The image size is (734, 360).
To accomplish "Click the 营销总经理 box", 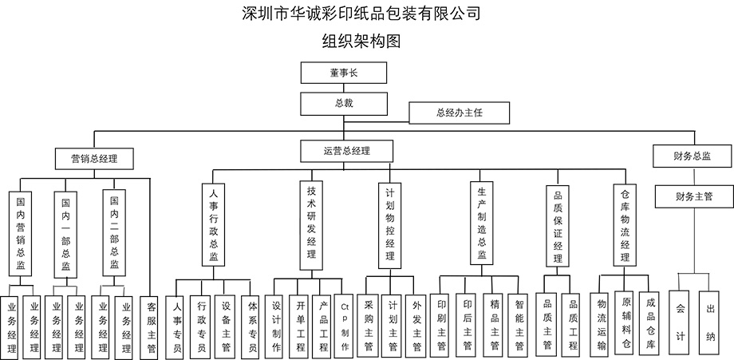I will click(x=89, y=159).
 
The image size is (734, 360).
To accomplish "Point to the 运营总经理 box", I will click(x=346, y=150).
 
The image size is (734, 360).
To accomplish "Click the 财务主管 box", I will click(x=693, y=195).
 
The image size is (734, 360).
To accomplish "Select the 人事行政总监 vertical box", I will click(x=214, y=225).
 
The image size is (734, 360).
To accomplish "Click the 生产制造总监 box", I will click(x=482, y=224).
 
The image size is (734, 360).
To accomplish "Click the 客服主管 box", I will click(x=152, y=326).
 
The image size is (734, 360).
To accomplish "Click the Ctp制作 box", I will click(x=344, y=326).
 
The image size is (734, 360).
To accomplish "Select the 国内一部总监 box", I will click(x=66, y=234).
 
